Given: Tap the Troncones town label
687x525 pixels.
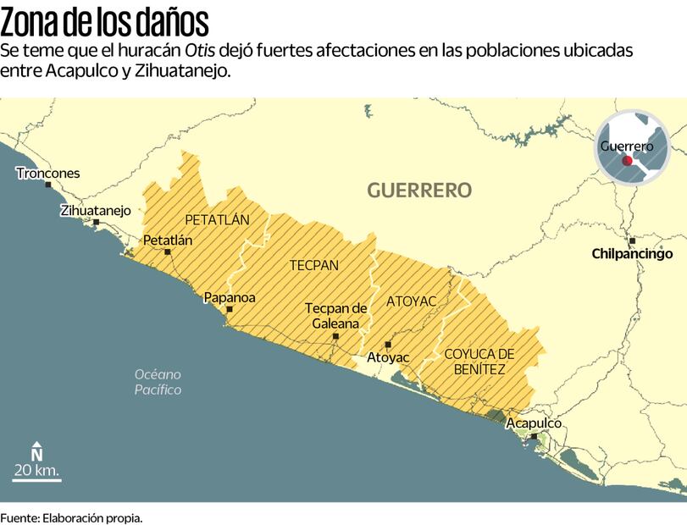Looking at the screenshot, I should coord(48,174).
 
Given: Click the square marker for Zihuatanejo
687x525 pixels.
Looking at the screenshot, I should coord(97,223).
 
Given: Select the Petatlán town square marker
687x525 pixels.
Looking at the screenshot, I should coord(168,251).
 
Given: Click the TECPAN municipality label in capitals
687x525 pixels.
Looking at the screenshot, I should coord(313,265).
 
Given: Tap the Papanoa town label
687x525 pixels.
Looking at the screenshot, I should coord(230,297).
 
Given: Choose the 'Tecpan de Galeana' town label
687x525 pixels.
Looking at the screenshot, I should coord(336,316).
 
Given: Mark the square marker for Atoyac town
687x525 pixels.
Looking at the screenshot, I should coord(388,344).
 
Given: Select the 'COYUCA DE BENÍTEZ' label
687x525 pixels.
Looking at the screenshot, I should coord(479,362).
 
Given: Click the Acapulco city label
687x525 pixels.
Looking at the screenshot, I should coord(534,423).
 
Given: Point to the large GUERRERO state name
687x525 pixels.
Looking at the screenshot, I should coord(419,190).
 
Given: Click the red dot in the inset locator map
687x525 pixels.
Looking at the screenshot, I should coord(627,160).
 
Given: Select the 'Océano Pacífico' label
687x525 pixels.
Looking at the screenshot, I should coord(158,382).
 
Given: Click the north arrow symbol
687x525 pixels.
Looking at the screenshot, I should coord(36,450).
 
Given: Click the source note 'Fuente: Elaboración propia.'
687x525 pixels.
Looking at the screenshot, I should coord(71,517).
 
